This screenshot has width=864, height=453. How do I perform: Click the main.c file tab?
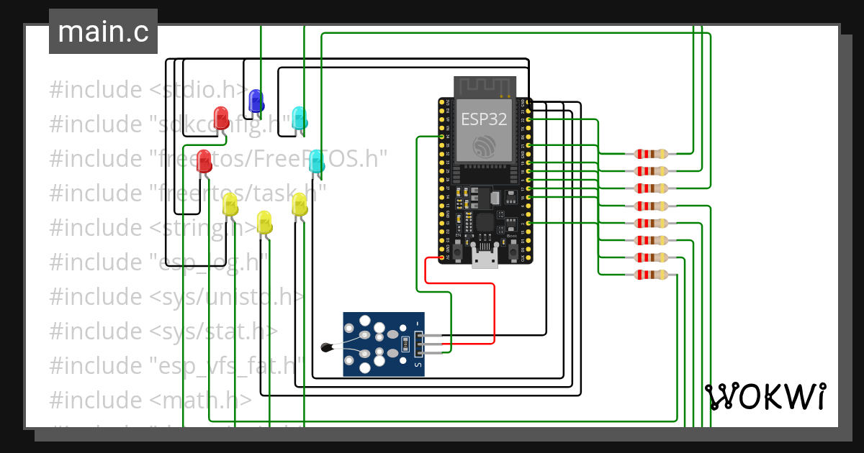point(103,32)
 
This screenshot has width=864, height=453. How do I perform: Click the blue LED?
point(255,101)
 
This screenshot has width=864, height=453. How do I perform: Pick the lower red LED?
point(204,160)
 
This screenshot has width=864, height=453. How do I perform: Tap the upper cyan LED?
point(299,118)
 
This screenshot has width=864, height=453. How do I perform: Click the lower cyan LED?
point(316,161)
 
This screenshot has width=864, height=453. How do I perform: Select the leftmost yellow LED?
point(230,204)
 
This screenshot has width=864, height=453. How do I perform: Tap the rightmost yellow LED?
point(300,204)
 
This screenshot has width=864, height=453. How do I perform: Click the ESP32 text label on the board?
point(484,119)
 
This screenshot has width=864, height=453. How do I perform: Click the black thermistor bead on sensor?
point(328,348)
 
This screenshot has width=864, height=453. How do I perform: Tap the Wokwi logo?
point(765,397)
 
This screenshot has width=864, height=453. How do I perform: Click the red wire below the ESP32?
point(461,284)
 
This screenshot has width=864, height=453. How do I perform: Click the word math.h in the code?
point(223,400)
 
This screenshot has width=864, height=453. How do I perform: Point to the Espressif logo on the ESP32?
point(485,147)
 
